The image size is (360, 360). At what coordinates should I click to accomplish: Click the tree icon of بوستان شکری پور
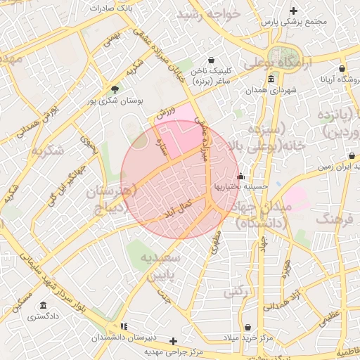tap(115, 89)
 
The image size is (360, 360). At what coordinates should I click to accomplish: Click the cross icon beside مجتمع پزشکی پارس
tap(293, 10)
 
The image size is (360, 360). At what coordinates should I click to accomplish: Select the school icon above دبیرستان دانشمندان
tap(124, 326)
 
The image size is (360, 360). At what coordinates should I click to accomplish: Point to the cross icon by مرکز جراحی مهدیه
tap(174, 341)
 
